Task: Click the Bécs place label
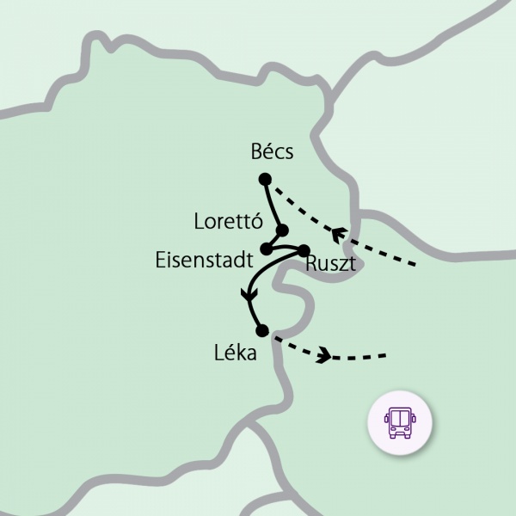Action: coord(272,153)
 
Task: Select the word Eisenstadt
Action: coord(204,260)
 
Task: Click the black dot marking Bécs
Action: coord(265,179)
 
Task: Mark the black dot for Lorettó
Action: coord(282,230)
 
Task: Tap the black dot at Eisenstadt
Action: coord(266,249)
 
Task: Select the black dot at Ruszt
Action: coord(303,250)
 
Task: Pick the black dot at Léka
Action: coord(262,330)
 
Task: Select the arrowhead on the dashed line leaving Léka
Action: coord(324,354)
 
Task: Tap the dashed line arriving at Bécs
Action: coord(301,206)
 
